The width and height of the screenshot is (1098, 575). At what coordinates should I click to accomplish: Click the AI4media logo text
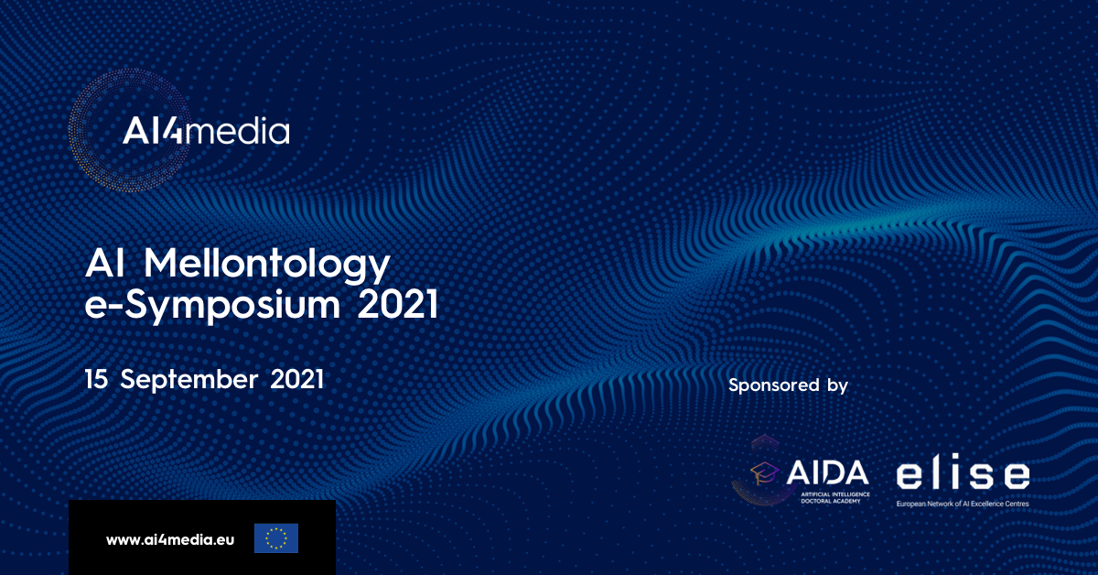(206, 131)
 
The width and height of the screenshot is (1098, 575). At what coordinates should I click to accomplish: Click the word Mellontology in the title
(266, 265)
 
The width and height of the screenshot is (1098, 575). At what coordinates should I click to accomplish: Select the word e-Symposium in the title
(212, 305)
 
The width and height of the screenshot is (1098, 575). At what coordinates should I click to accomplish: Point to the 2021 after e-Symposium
(397, 304)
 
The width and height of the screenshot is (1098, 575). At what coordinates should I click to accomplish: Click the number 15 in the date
(96, 379)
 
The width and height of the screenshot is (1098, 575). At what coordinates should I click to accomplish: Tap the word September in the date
(189, 380)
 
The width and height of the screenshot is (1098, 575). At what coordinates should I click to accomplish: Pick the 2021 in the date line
(297, 379)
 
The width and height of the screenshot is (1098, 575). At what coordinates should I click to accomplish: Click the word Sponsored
(774, 385)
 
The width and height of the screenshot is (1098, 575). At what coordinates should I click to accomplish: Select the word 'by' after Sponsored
(838, 385)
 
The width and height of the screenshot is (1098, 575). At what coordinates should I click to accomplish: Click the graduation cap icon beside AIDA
(764, 473)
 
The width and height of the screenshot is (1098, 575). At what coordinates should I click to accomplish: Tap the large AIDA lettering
(827, 472)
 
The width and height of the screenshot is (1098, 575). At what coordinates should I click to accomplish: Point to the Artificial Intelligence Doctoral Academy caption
(835, 497)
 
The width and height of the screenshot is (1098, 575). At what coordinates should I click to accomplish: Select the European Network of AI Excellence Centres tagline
(963, 504)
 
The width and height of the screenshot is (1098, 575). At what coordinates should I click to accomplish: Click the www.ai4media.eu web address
(170, 539)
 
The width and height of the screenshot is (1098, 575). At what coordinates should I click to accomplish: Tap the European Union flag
(276, 538)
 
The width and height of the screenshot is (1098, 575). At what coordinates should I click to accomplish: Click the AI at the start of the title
(105, 264)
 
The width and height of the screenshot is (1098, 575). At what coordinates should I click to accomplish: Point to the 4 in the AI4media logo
(172, 130)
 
